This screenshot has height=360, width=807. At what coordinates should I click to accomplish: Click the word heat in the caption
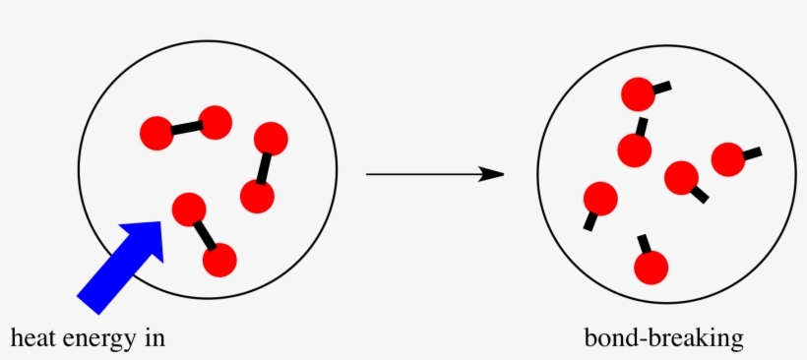pos(32,339)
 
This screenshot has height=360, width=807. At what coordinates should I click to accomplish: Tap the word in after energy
pos(153,339)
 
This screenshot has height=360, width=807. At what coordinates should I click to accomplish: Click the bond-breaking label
pos(663,339)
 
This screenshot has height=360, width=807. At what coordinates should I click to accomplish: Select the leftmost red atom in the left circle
pos(156,133)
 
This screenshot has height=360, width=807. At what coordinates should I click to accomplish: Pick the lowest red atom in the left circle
pos(219,260)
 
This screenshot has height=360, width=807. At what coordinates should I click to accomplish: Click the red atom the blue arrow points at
pos(188,210)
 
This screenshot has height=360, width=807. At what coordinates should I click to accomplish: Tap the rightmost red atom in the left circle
pos(271,138)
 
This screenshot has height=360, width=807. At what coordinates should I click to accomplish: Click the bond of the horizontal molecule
pos(185,127)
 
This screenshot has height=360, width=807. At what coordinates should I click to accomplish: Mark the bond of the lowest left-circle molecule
pos(204,234)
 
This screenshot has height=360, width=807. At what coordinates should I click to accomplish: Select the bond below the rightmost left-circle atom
pos(264,166)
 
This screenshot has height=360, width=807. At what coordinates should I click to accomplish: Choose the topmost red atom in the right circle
pos(638,95)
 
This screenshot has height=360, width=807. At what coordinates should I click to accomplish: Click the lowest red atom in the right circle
pos(651,267)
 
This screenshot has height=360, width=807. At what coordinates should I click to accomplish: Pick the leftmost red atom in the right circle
pos(600,199)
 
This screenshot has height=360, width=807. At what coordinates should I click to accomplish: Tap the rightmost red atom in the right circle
pos(727,159)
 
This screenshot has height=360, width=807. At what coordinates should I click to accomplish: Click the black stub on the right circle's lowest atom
pos(644,242)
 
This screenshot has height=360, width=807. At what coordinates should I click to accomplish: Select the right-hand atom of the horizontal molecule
pos(215,122)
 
